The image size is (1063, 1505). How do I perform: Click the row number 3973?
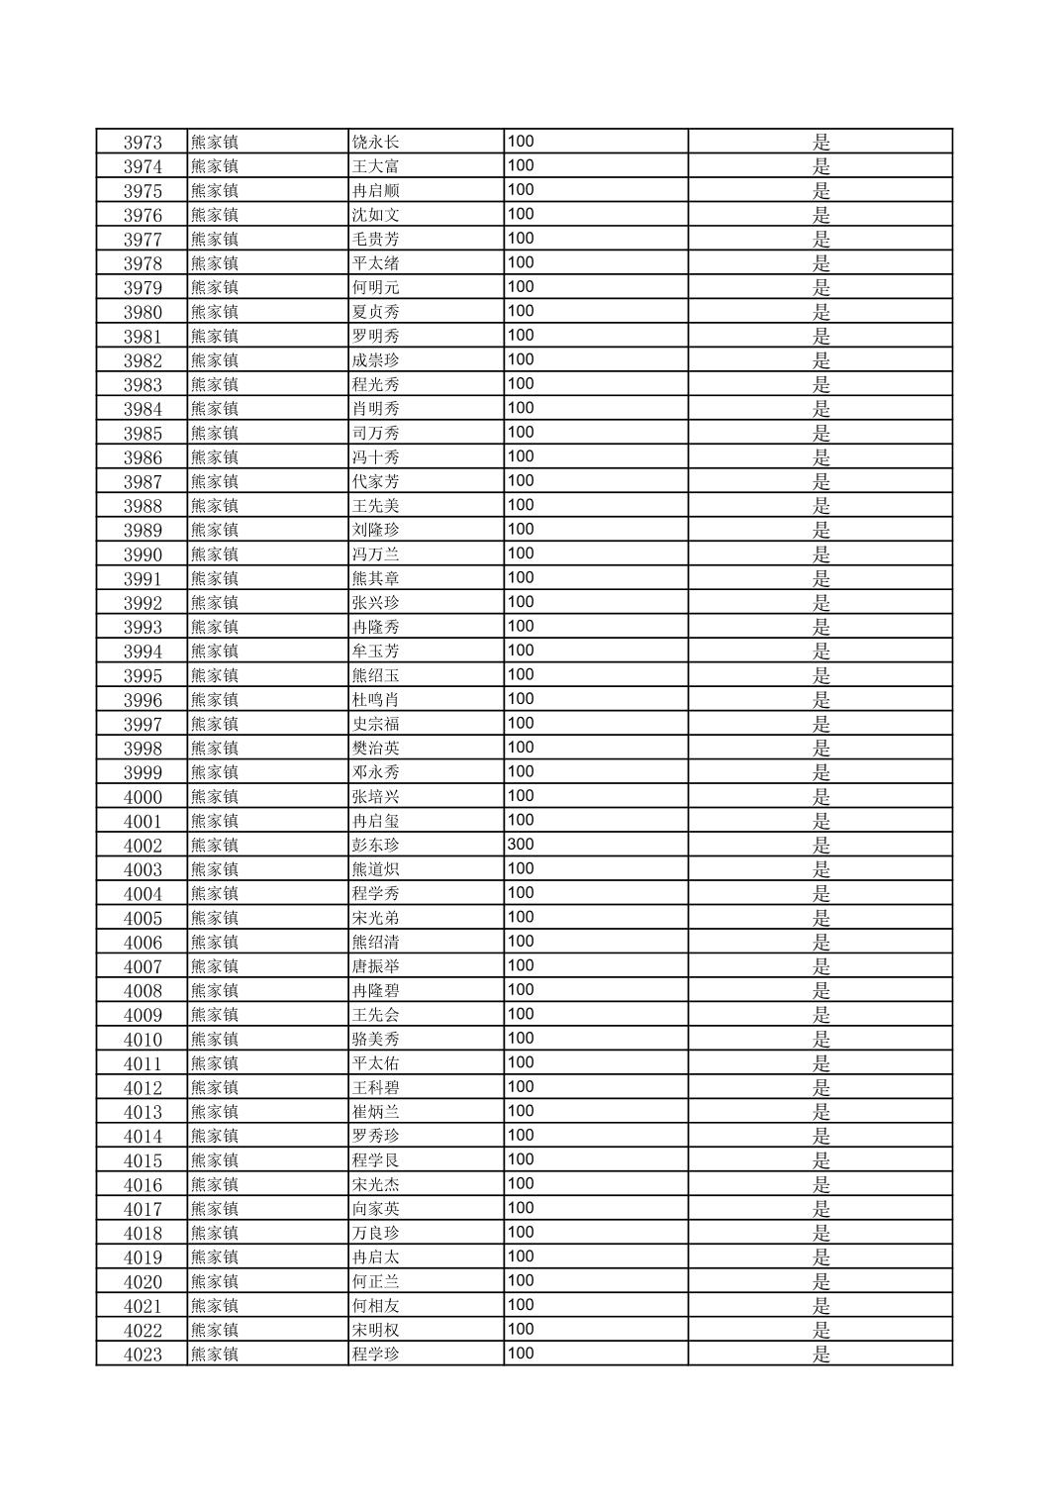143,143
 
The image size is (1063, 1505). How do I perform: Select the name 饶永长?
376,143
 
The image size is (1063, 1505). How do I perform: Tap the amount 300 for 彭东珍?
521,845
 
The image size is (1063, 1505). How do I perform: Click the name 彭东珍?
376,846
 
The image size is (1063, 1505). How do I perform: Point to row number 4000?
143,797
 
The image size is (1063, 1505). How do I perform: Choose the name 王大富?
376,166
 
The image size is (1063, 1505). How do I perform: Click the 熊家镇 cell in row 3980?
215,312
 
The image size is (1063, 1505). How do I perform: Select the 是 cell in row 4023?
821,1354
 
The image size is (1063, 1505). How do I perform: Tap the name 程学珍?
376,1354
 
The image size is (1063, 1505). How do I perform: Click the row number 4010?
143,1040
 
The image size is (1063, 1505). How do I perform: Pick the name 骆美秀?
376,1040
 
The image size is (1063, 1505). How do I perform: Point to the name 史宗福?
376,724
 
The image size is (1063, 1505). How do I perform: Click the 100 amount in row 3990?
521,553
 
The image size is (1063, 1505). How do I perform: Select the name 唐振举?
376,966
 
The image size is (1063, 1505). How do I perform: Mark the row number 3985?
143,434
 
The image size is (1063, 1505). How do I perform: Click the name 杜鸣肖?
376,700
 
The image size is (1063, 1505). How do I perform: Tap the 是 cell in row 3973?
821,143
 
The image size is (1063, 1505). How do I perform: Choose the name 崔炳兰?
376,1112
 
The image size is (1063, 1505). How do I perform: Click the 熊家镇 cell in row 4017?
215,1209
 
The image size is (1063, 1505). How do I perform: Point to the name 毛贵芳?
376,240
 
